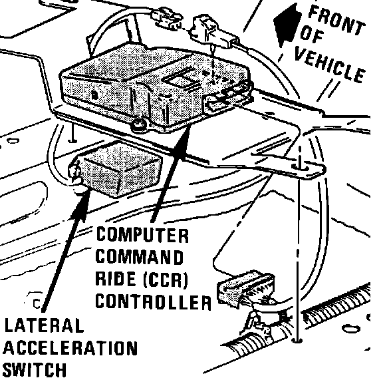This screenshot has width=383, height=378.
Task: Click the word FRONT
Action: coord(336,21)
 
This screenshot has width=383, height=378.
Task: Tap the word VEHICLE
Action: coord(329,64)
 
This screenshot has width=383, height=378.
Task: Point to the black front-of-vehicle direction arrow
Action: coord(287,26)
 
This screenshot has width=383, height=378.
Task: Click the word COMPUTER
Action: coord(142,235)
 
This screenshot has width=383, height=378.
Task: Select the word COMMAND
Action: coord(140,257)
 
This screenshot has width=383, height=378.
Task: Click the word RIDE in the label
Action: coord(115,279)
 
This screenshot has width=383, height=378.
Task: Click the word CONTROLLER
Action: coord(153,301)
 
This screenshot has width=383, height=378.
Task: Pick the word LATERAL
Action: coord(44,325)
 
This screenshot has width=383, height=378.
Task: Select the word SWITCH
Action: coord(35,370)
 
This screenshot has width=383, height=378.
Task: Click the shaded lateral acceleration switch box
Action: coord(117,169)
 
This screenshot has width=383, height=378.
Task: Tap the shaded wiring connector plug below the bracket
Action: coord(245,289)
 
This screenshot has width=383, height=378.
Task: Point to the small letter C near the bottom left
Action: coord(37,303)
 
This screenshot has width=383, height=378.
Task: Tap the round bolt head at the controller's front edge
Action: coord(139,124)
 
